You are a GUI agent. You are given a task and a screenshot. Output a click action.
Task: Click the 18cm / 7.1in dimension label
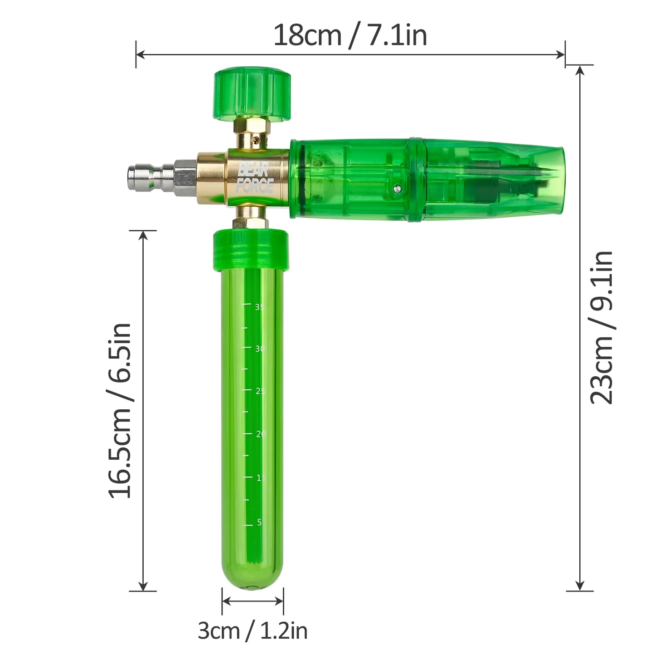pyautogui.click(x=350, y=35)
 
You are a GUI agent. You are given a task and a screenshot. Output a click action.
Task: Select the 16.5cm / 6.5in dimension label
pyautogui.click(x=119, y=411)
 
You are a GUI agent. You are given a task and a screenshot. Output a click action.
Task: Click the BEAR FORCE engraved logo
pyautogui.click(x=254, y=177)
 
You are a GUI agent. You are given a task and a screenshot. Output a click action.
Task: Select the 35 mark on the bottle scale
pyautogui.click(x=259, y=307)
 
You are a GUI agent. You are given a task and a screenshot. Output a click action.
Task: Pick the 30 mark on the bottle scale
pyautogui.click(x=260, y=349)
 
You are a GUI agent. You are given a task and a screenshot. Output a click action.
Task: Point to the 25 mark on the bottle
pyautogui.click(x=260, y=391)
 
